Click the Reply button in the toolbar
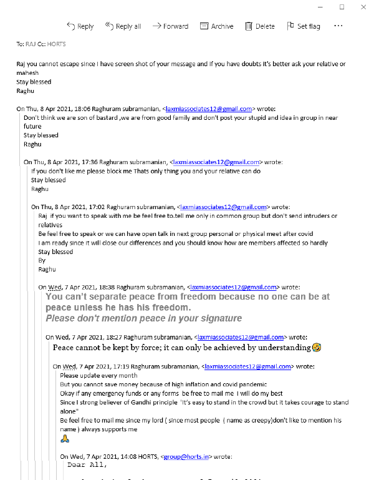click(80, 26)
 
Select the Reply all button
click(123, 26)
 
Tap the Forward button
click(170, 26)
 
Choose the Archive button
click(216, 26)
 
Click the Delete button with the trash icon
click(259, 26)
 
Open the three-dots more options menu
click(338, 26)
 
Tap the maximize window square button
click(342, 7)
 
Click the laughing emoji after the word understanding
click(317, 347)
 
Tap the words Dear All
click(87, 465)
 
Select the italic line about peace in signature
click(143, 318)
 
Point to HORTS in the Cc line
click(57, 44)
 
